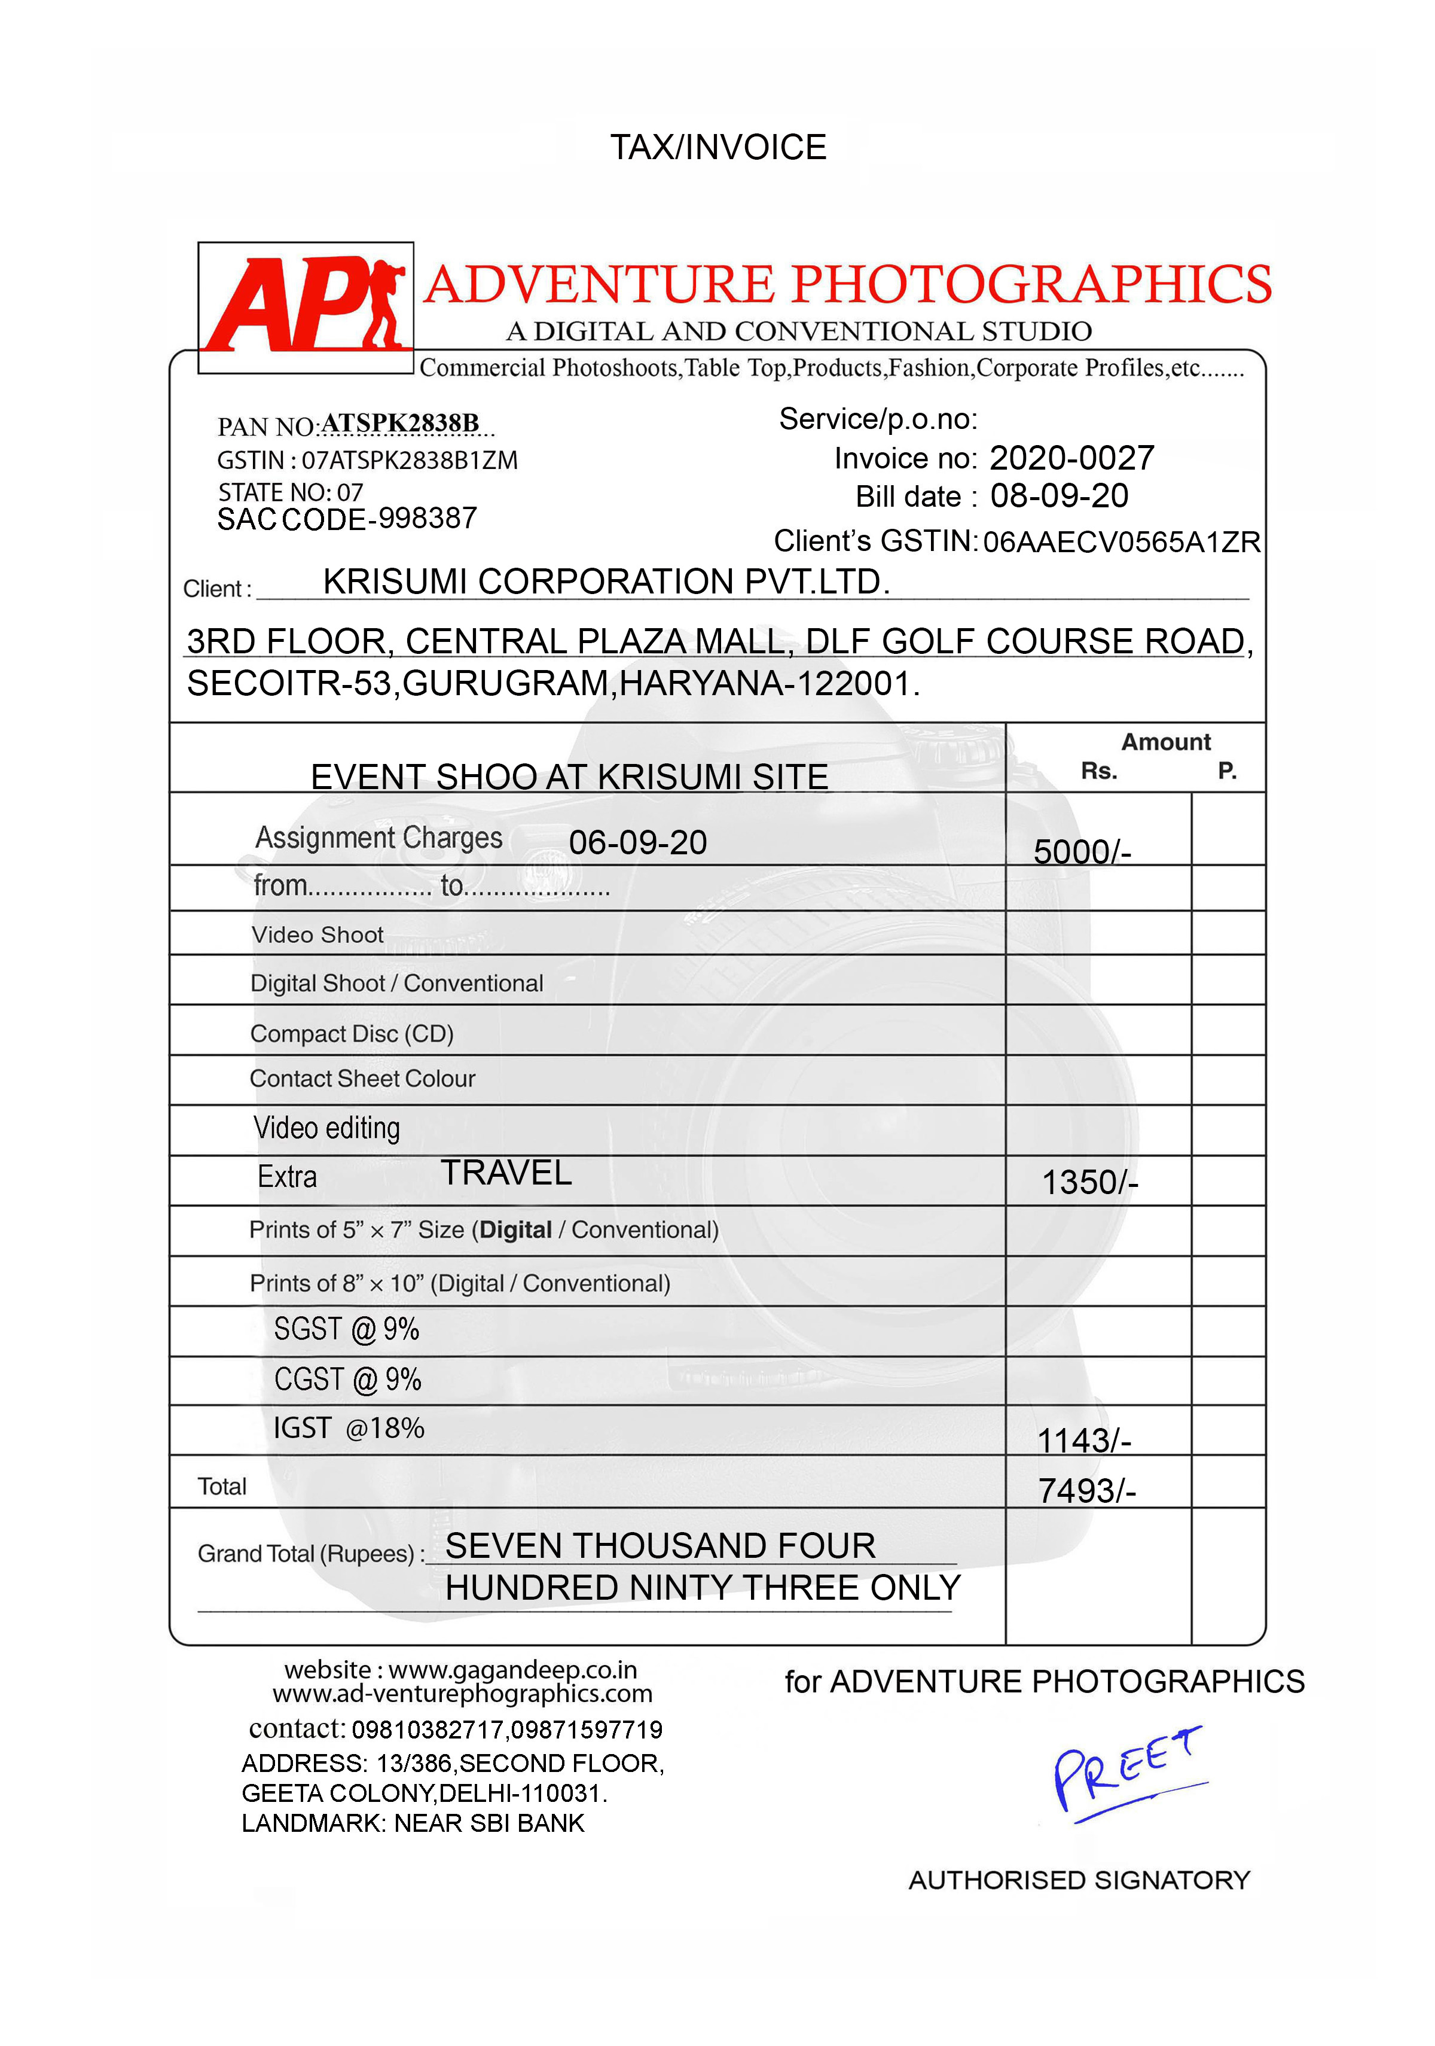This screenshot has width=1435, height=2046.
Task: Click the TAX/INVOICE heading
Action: [718, 147]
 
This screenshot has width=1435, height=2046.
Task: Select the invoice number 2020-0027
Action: [1071, 458]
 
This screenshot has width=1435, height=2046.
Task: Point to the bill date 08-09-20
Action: [1059, 497]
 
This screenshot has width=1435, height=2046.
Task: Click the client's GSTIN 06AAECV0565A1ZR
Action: [1122, 542]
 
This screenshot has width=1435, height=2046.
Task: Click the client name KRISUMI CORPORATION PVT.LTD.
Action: [606, 582]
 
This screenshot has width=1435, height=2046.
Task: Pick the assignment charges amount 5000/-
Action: [1082, 852]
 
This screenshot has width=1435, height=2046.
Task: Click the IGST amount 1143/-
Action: [1083, 1440]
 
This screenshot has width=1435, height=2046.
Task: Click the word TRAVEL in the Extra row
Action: [506, 1173]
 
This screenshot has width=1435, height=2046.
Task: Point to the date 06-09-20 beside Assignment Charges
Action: [638, 842]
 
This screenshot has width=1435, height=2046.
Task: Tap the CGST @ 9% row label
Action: [347, 1380]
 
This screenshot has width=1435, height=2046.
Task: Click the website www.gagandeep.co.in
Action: [512, 1669]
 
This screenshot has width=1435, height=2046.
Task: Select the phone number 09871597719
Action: [587, 1730]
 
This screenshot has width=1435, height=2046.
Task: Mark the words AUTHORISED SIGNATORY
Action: [1079, 1880]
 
